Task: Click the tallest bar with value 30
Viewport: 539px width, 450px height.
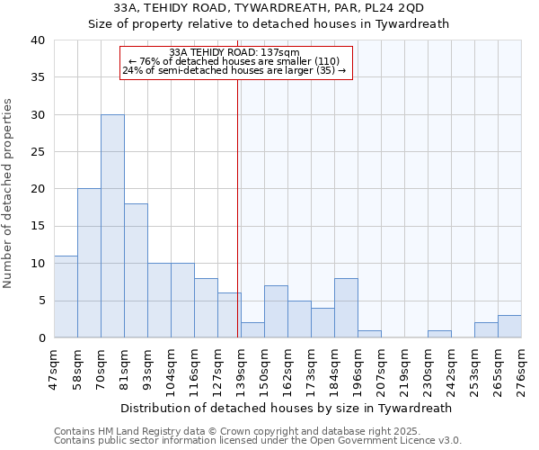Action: coord(112,226)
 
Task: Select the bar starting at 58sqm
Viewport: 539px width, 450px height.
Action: coord(89,263)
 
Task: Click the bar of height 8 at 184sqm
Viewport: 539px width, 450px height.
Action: coord(346,308)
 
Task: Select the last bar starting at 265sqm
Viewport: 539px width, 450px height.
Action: coord(509,327)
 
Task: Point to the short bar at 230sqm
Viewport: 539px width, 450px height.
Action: coord(439,334)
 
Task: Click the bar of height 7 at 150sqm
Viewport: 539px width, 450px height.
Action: coord(276,311)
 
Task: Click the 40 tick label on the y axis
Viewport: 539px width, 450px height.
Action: coord(37,40)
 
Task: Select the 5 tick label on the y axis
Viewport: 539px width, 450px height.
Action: coord(40,301)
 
